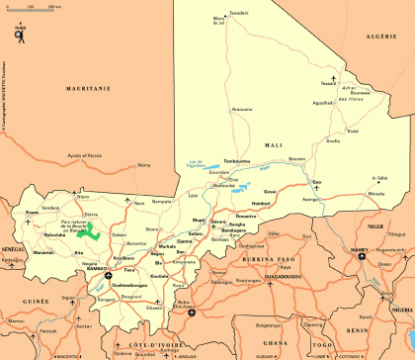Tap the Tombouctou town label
(237, 160)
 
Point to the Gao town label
(316, 182)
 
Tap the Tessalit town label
(329, 84)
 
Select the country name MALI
(274, 145)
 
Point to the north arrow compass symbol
(20, 37)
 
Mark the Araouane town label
(242, 109)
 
